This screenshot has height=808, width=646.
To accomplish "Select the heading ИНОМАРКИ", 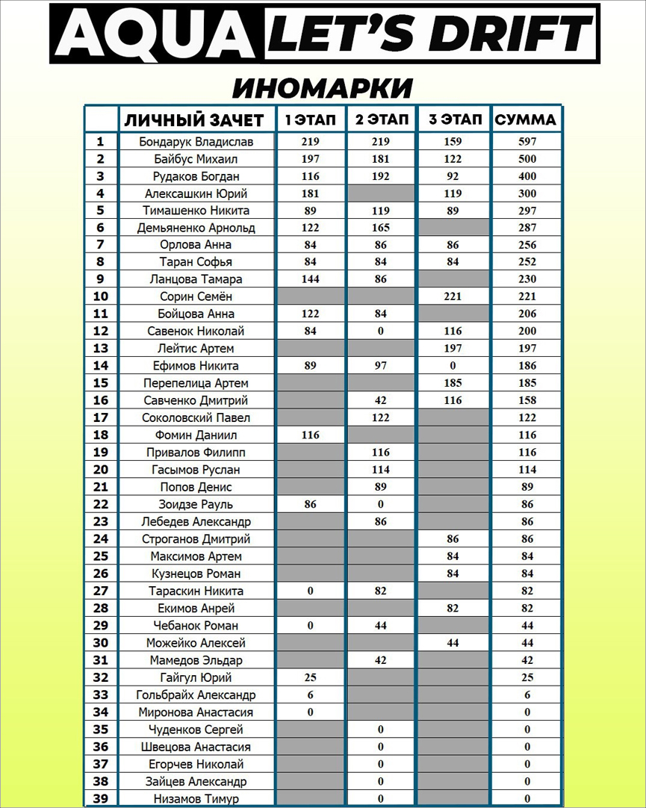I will pos(322,87).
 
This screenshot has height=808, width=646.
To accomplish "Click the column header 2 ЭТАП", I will pos(382,119).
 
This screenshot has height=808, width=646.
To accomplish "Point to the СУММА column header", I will pos(526,119).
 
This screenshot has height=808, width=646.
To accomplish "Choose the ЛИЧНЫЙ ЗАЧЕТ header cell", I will pos(194,119).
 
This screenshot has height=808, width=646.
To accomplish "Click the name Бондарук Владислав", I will pos(196,142).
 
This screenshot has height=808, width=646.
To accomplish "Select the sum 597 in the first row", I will pos(527,142).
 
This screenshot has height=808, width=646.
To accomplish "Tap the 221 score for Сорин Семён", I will pos(453,296).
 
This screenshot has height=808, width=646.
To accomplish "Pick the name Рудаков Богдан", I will pos(196,176).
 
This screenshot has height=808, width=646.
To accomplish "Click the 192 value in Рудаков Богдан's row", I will pos(381,176).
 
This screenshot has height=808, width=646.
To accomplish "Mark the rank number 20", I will pos(101,470).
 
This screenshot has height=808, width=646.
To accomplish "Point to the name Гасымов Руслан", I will pos(196,470).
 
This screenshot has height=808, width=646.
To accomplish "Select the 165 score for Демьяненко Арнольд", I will pos(381,228).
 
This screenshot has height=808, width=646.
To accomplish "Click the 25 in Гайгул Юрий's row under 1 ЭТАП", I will pos(311,677).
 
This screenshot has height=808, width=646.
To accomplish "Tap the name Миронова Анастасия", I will pos(196,712).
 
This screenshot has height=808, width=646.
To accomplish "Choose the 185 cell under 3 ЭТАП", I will pos(453,383).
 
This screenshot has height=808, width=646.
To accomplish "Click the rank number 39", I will pos(101,798).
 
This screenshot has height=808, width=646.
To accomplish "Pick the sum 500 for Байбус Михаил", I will pos(527,159).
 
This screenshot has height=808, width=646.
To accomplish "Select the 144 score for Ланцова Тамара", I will pos(311,279).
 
